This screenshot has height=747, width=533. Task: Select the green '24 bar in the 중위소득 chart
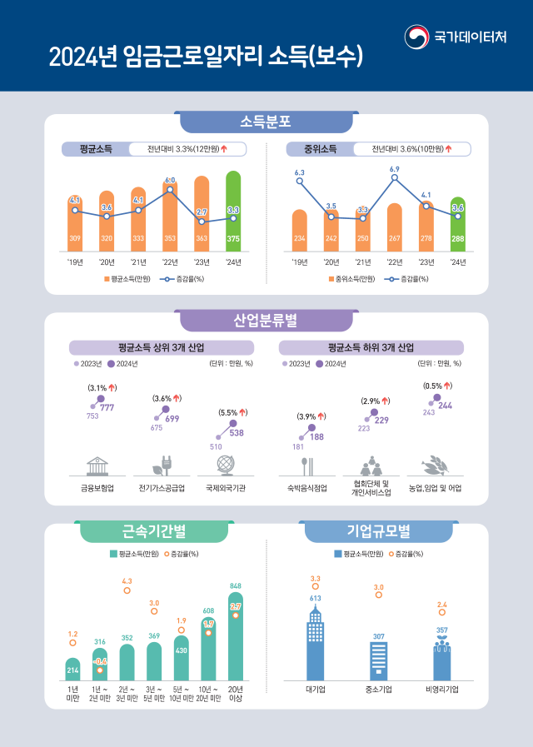coord(457,225)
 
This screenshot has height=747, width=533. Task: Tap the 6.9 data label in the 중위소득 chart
coord(394,169)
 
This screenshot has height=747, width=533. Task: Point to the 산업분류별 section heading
coord(266,321)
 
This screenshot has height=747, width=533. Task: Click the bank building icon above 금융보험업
coord(97,465)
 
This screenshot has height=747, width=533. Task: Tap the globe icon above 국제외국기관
coord(224,465)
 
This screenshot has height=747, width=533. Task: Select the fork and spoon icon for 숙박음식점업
coord(306,465)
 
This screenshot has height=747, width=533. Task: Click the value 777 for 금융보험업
coord(107,406)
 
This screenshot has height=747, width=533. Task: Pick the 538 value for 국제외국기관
coord(237,433)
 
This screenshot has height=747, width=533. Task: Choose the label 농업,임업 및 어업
coord(435,488)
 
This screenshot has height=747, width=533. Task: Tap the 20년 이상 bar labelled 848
coord(236,637)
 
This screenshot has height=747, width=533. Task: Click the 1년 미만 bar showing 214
coord(72,670)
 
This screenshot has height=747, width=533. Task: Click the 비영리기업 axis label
coord(441,690)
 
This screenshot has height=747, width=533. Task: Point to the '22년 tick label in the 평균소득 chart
coord(170,262)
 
